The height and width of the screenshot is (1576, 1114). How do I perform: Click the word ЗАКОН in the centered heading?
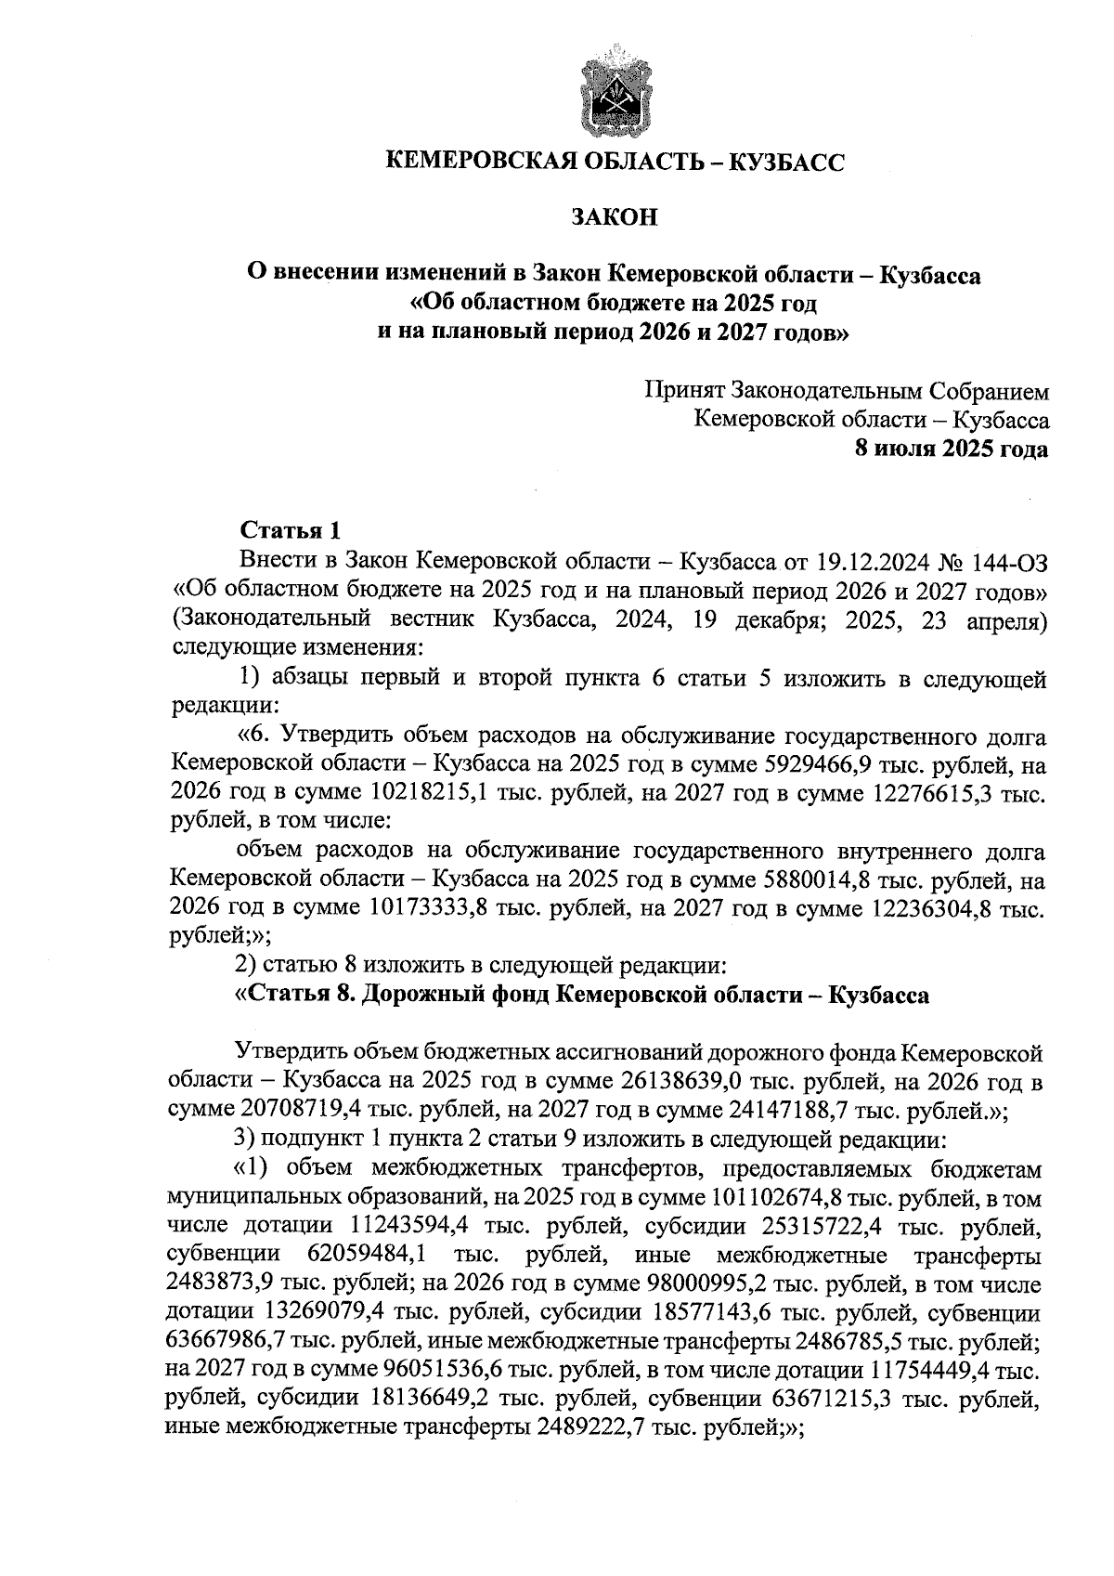click(x=614, y=217)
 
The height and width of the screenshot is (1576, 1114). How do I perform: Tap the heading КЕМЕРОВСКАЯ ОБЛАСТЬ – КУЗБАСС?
click(x=615, y=163)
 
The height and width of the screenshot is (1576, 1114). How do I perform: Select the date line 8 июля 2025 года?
click(x=952, y=449)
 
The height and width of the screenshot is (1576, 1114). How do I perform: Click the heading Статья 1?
click(x=291, y=531)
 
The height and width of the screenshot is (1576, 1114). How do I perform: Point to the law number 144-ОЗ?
click(x=1009, y=561)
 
